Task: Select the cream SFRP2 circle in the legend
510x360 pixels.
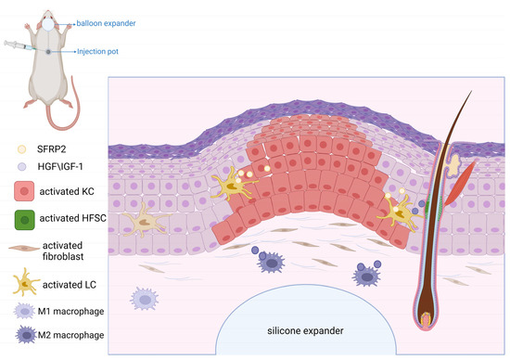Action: click(22, 148)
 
